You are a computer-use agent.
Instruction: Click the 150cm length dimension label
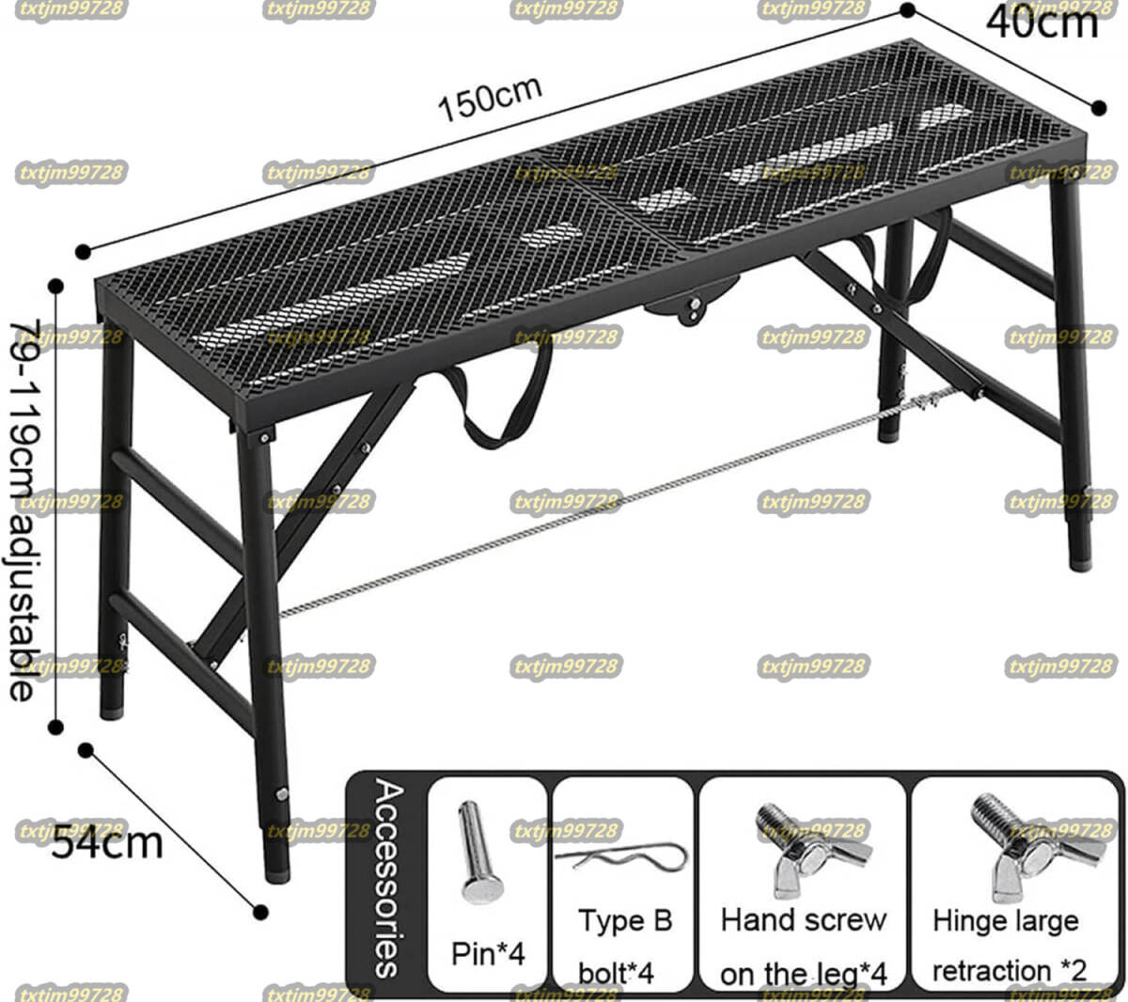490,99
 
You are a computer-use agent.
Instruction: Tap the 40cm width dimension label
1042,23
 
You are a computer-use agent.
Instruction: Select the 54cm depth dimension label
107,844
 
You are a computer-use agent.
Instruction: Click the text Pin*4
488,953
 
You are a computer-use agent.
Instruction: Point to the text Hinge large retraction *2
1008,946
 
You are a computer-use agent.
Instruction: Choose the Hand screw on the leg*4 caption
803,947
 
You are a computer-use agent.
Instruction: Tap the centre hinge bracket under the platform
693,304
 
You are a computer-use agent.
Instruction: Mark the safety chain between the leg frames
618,502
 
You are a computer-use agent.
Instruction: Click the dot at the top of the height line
55,286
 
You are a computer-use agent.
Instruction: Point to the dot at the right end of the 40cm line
1099,108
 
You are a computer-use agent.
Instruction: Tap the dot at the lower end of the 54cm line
260,912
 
